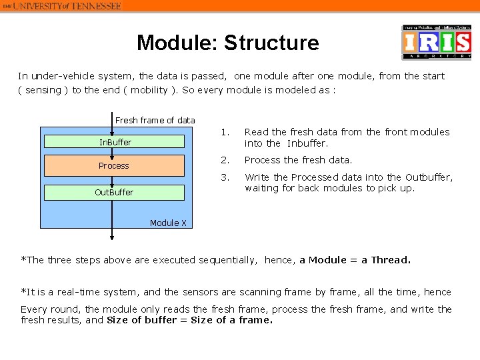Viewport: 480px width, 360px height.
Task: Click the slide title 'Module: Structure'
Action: (x=228, y=43)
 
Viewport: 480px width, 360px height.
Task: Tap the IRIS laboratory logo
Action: (x=437, y=43)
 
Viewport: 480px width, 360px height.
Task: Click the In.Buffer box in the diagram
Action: (x=115, y=142)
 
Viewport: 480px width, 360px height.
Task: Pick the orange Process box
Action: (x=114, y=165)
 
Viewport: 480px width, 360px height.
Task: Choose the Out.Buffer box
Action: (x=114, y=193)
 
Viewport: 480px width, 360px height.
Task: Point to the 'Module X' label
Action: (x=168, y=223)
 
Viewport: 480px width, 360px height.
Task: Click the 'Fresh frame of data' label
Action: (x=155, y=121)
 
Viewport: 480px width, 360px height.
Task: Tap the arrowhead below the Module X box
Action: (x=112, y=237)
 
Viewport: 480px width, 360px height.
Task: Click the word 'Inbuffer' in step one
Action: (x=307, y=143)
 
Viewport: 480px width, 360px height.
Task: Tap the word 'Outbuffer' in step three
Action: (x=429, y=177)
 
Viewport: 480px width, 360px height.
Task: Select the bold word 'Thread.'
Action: (x=391, y=260)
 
